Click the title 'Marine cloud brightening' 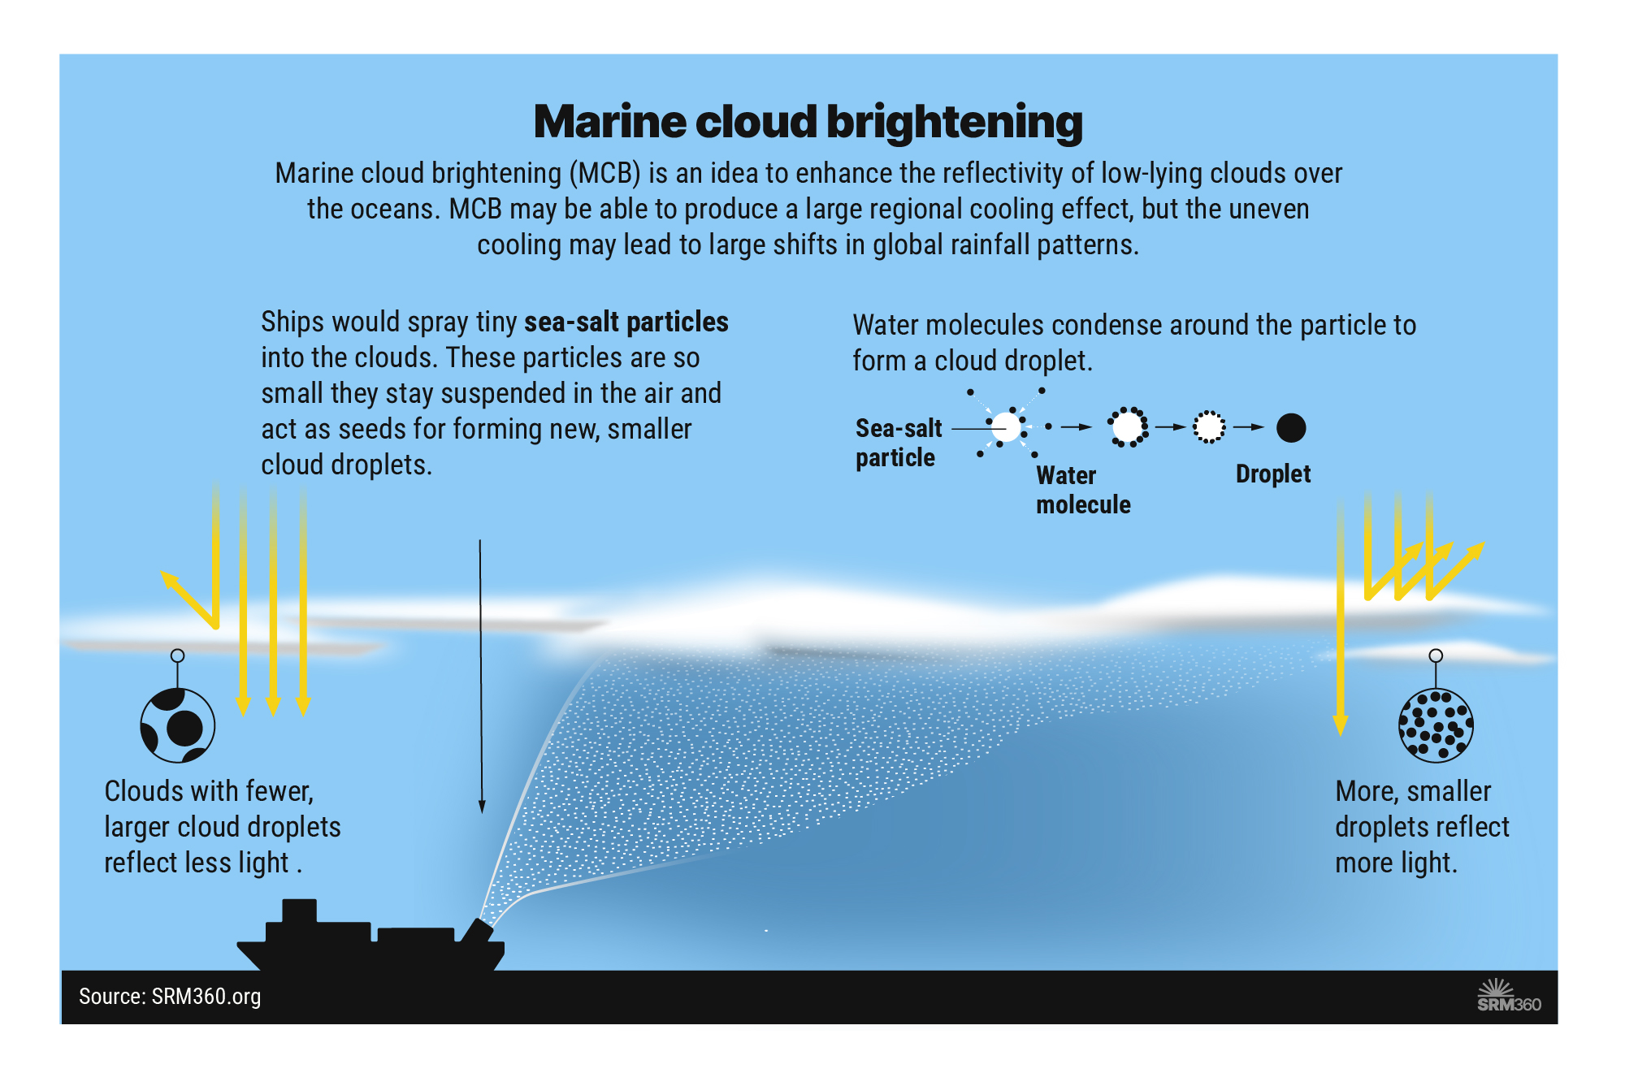808,122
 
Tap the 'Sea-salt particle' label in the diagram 898,443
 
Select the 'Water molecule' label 1082,490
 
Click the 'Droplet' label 1272,474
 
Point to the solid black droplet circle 1290,427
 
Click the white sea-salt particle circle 1006,426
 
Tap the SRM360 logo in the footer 1508,997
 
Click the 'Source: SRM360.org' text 170,997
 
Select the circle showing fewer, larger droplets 177,725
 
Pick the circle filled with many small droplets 1436,725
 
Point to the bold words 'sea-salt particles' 626,322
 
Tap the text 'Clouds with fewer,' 209,791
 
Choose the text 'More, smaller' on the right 1413,791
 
